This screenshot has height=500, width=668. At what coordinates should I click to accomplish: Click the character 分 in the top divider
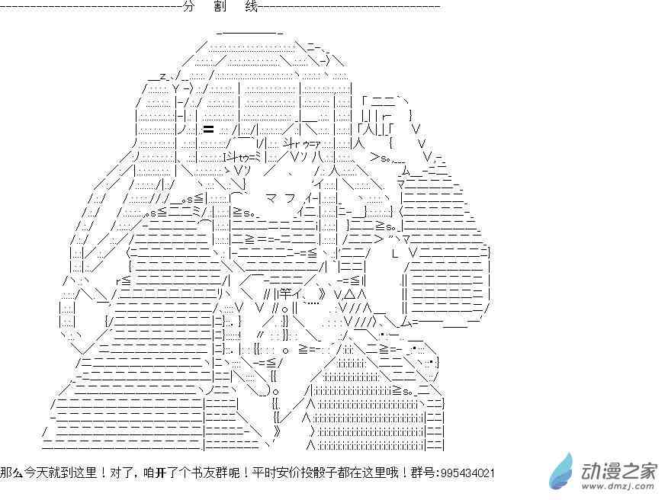pos(189,7)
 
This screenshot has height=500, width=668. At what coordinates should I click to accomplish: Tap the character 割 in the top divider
pos(220,7)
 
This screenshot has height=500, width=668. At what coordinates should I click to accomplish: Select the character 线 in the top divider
pos(252,7)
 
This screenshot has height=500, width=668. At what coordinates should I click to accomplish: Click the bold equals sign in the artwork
pos(208,129)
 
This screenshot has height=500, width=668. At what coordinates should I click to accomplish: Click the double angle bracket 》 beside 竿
pos(324,292)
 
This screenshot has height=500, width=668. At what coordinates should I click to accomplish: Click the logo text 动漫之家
pos(618,466)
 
